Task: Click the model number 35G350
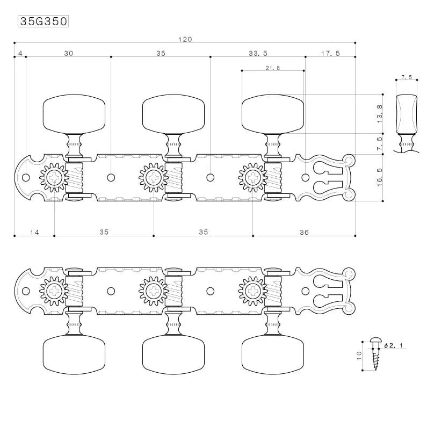click(x=44, y=21)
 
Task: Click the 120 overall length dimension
click(x=185, y=40)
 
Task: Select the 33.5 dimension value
click(x=258, y=53)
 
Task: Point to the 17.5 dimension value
click(x=330, y=53)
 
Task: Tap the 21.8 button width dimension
click(x=273, y=68)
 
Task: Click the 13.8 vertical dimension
click(x=380, y=114)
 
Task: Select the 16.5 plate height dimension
click(x=380, y=177)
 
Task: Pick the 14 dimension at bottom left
click(x=34, y=232)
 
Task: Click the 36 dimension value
click(x=304, y=232)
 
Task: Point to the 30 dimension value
click(x=69, y=53)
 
